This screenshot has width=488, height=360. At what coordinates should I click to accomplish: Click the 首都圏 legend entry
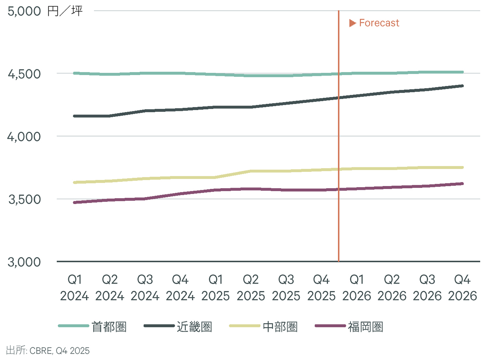109,326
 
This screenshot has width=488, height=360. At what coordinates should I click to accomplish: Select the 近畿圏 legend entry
194,326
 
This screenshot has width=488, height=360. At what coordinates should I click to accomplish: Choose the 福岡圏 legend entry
365,326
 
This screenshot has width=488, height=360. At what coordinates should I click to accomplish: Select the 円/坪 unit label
65,11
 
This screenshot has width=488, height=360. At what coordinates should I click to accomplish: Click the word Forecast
379,23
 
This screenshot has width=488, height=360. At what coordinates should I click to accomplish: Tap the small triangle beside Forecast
353,23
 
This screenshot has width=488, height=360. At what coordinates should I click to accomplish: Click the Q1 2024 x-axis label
74,288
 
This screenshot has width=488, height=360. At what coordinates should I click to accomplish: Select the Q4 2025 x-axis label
321,288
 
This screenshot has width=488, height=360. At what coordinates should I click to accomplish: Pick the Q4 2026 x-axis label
462,288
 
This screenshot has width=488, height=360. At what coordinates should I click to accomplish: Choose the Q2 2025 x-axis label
251,288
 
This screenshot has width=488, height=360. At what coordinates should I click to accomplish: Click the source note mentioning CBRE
48,350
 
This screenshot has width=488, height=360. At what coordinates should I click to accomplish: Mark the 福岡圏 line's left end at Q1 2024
74,202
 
